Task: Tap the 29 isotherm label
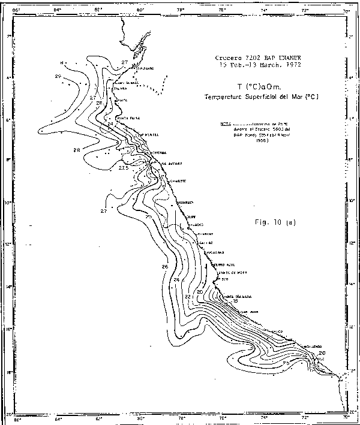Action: (58, 76)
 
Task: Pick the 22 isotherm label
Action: (187, 297)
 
